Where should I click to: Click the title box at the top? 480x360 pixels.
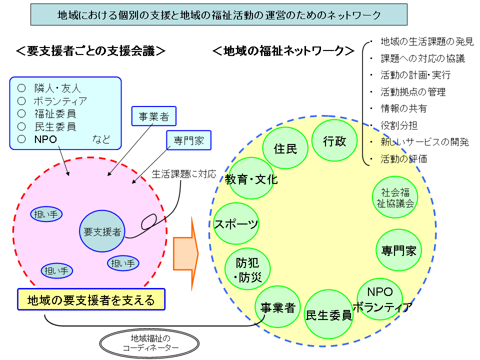(x=219, y=15)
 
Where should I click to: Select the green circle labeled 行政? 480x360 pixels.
(x=334, y=141)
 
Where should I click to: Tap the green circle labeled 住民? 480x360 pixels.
(x=285, y=148)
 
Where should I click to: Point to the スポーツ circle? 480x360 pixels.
(x=236, y=223)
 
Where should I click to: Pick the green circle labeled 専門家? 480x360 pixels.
(x=398, y=250)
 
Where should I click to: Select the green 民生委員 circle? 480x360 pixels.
(x=328, y=314)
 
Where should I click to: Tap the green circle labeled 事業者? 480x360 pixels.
(x=277, y=307)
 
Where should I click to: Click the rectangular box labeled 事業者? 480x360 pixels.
(x=153, y=117)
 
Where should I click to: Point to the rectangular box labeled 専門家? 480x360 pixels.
(x=188, y=140)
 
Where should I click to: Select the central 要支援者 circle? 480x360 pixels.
(x=102, y=231)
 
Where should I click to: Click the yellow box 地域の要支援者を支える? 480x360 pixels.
(x=91, y=300)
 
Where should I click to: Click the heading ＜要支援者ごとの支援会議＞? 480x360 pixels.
(x=90, y=50)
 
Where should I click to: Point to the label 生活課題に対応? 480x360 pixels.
(x=184, y=174)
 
